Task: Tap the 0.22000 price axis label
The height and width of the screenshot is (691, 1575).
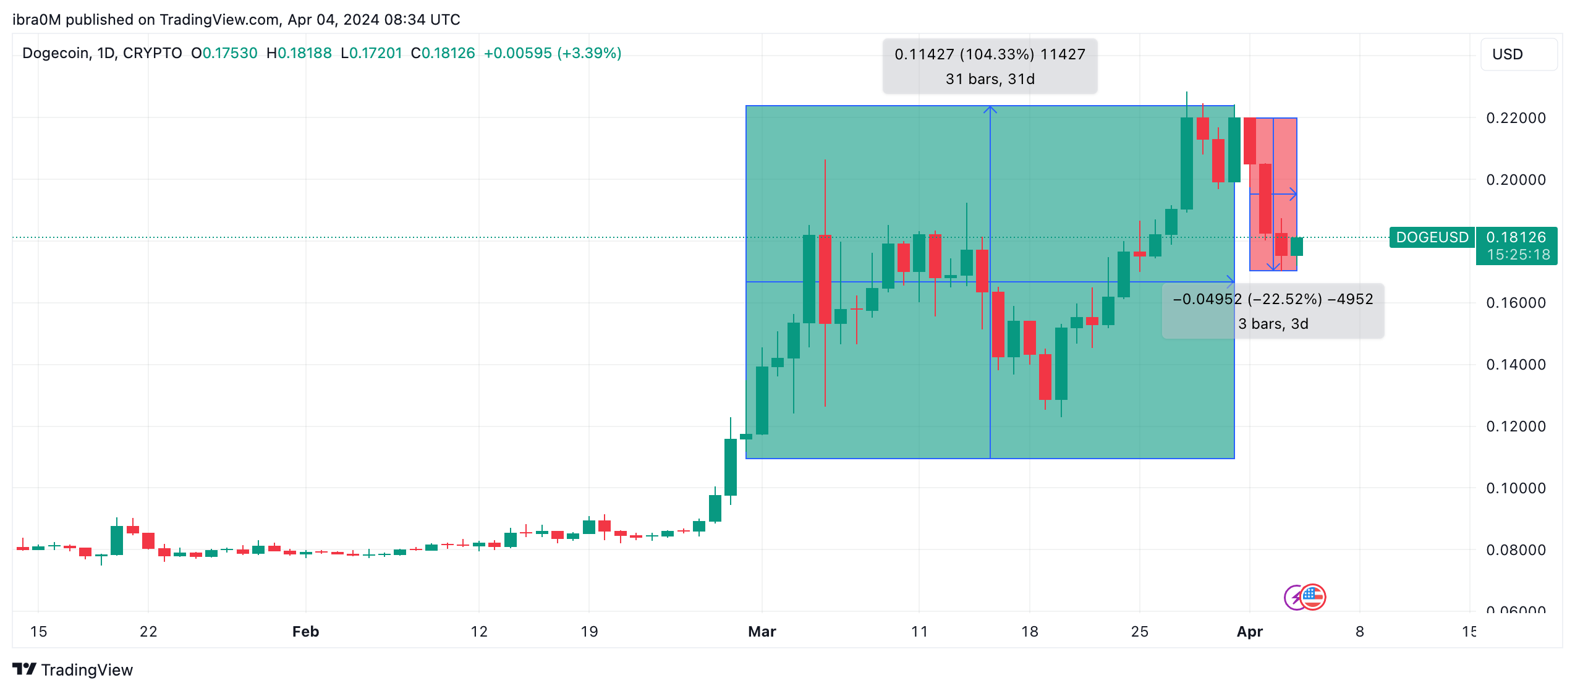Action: (1515, 118)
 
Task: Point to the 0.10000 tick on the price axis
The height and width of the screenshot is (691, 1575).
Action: (1515, 488)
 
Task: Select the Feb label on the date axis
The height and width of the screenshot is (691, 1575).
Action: (305, 632)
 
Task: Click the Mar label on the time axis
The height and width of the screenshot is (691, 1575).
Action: (762, 632)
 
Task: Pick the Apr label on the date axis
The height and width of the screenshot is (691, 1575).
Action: (1249, 632)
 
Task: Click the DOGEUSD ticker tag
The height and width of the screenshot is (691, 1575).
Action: (1432, 237)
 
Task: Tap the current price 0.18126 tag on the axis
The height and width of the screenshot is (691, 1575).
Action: (1516, 237)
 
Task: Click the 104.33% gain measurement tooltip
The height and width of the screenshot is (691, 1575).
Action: (990, 66)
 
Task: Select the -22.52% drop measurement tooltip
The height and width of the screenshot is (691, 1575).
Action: (1273, 311)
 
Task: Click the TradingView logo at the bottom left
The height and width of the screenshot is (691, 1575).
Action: (73, 670)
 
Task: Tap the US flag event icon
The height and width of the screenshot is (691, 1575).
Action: (1312, 597)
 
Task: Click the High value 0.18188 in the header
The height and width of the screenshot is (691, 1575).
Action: (304, 53)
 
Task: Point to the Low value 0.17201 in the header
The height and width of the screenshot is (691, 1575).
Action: (376, 53)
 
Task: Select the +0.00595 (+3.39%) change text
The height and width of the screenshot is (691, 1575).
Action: (552, 53)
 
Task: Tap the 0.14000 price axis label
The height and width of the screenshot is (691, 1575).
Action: (1515, 365)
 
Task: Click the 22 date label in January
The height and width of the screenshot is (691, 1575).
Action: (148, 632)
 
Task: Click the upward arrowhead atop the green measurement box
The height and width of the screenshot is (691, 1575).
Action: (990, 109)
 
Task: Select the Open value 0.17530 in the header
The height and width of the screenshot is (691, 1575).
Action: (230, 53)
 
